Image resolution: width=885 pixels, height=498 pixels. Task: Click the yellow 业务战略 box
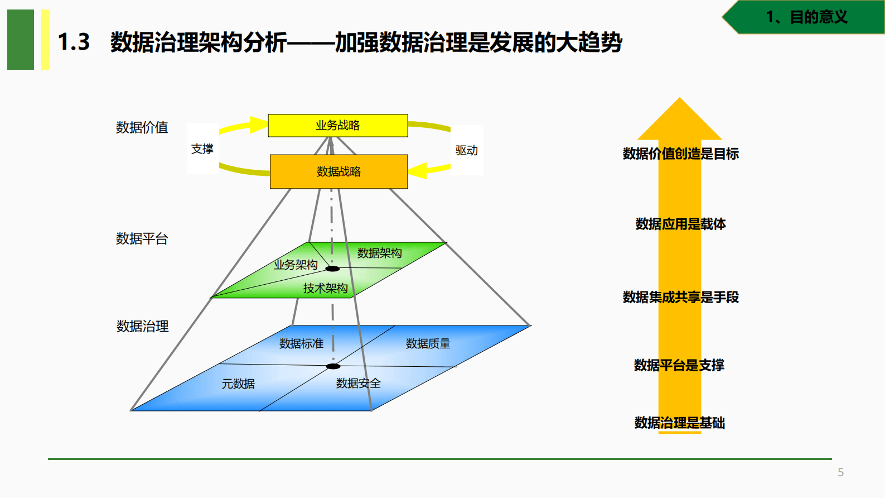tap(337, 126)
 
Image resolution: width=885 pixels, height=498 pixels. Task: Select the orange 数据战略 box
tap(338, 171)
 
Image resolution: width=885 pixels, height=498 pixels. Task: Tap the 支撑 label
tap(202, 149)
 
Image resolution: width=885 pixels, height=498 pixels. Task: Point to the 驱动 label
tap(466, 150)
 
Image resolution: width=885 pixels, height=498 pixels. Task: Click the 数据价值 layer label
tap(142, 128)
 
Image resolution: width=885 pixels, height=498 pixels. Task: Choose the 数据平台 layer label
tap(142, 239)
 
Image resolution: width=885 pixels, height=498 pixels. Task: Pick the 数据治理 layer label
tap(142, 327)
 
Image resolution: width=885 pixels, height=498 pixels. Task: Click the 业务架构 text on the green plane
tap(296, 265)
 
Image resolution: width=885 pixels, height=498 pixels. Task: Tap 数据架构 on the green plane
tap(379, 253)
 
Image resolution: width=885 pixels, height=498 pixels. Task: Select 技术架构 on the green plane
tap(325, 288)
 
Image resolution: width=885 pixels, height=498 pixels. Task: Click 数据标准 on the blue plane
tap(301, 344)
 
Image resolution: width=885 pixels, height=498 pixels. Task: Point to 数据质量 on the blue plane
tap(428, 344)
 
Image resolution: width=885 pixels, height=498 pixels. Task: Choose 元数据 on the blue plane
tap(238, 384)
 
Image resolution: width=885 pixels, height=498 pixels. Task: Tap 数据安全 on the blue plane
tap(358, 384)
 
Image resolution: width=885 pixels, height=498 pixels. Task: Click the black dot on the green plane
tap(332, 269)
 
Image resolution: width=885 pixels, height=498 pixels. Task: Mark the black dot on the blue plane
tap(333, 366)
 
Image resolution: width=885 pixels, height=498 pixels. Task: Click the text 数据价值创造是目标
tap(680, 154)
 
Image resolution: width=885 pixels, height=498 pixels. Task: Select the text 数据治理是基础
tap(679, 423)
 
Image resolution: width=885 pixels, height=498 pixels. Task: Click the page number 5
tap(840, 472)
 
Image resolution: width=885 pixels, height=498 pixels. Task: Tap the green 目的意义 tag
tap(806, 17)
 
